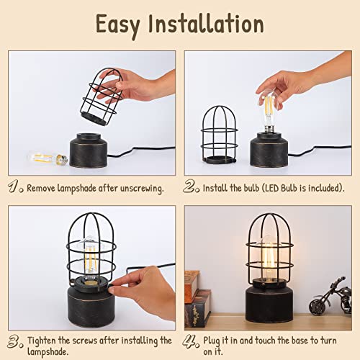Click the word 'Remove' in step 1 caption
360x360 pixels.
(42, 188)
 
